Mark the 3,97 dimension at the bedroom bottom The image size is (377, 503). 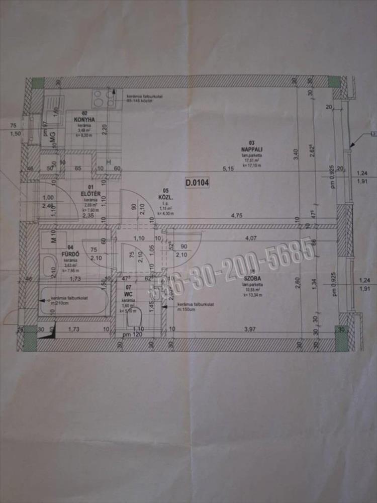[250, 329]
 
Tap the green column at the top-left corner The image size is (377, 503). [38, 83]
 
